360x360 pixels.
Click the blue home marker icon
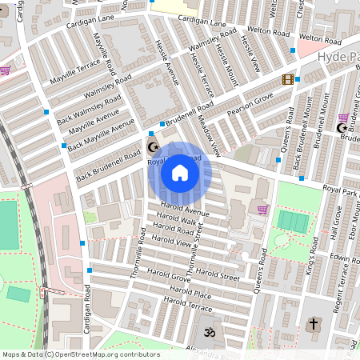(180, 173)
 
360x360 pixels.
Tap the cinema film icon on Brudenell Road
(288, 79)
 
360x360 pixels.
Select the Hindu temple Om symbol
(211, 331)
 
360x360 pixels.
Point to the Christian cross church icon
(314, 325)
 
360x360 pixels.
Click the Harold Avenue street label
(183, 210)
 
